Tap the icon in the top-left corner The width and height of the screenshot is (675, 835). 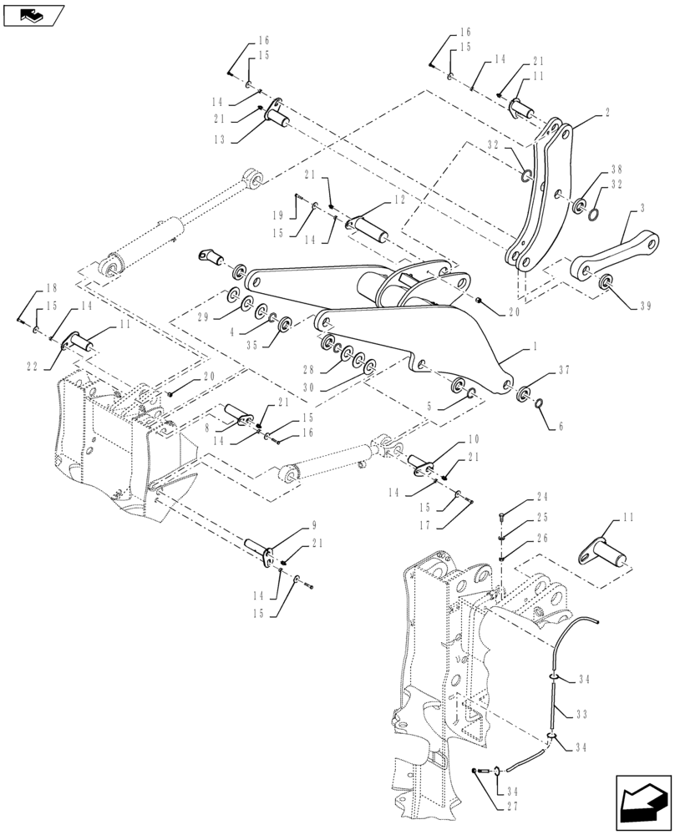32,14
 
